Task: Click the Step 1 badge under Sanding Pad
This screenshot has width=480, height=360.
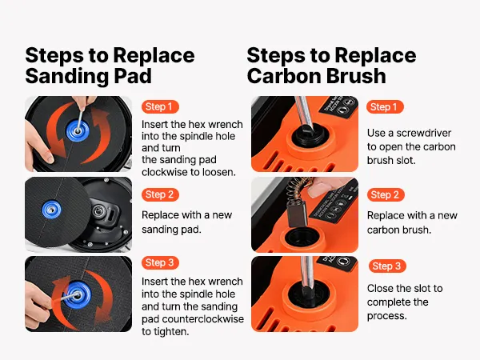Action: [160, 107]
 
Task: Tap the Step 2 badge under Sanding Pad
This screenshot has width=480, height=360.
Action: [160, 194]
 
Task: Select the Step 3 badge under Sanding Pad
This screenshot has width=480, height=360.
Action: [160, 262]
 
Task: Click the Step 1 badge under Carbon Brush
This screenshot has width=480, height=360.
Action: [385, 107]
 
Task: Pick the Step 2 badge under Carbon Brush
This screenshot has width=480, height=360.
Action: [386, 194]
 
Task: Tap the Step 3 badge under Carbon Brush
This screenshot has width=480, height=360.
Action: [387, 266]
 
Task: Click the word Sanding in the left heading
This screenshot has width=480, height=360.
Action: [66, 77]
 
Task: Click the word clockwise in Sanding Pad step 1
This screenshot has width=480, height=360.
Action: [168, 172]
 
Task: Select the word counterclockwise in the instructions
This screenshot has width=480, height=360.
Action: [203, 319]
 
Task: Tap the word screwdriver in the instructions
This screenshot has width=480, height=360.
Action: [424, 133]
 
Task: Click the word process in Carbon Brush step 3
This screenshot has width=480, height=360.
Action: [387, 316]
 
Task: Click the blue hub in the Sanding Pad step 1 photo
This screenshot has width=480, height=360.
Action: [78, 130]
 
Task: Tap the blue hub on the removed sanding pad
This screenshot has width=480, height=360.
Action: [51, 210]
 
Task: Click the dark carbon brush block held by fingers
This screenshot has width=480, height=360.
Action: [296, 215]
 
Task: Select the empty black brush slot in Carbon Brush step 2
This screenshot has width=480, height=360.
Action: [301, 238]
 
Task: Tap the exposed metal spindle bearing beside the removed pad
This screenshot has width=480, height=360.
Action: [98, 210]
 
